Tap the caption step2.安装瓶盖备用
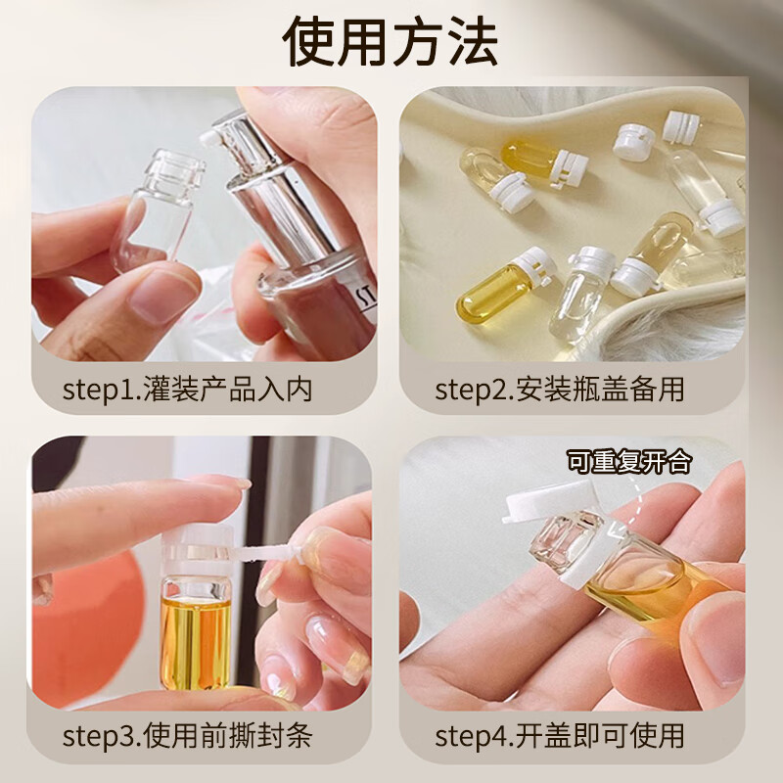click(x=559, y=389)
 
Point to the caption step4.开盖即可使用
click(x=559, y=735)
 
